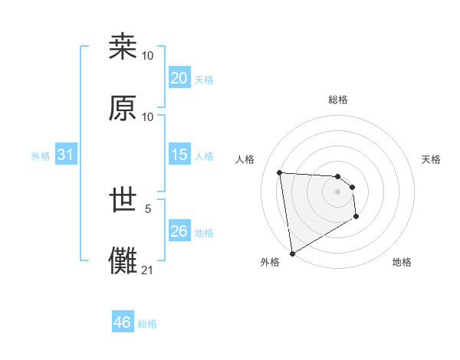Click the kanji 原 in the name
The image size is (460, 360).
coord(123,108)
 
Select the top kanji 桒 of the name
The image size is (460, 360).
coord(123,47)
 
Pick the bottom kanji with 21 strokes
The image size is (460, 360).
coord(123,260)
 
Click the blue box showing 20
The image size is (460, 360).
coord(179,78)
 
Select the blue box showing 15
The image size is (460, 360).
coord(179,155)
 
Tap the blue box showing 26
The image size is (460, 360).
coord(179,231)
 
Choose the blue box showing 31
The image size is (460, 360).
coord(65,155)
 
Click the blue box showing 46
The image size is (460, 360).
coord(123,323)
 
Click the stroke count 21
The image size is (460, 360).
coord(148,270)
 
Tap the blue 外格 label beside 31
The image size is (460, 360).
coord(41,156)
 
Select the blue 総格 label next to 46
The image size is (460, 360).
coord(147,324)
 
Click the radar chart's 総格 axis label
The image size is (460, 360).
coord(338,100)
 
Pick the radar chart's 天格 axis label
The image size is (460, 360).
coord(432,159)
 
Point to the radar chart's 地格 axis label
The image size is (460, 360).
coord(402,262)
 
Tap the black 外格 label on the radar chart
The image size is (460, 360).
coord(270,262)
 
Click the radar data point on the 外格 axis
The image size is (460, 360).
coord(291,253)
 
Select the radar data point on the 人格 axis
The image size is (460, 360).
coord(280,172)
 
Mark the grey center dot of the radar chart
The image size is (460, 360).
coord(338,191)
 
